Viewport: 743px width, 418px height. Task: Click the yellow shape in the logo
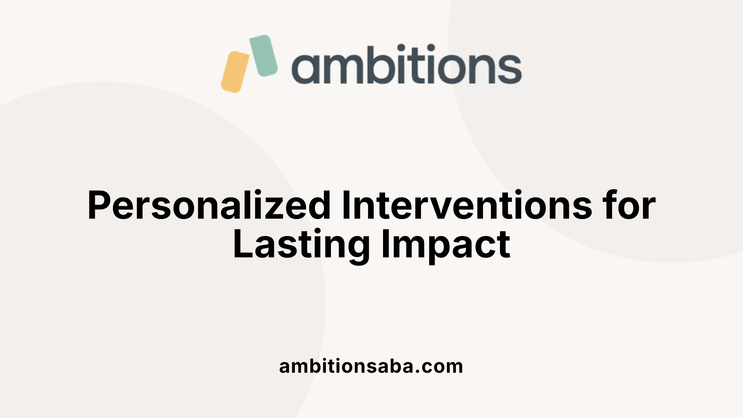[235, 72]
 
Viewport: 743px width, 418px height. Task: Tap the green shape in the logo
[263, 55]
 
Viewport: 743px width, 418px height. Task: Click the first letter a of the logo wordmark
[305, 69]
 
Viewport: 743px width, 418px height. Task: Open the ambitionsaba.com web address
[371, 366]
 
